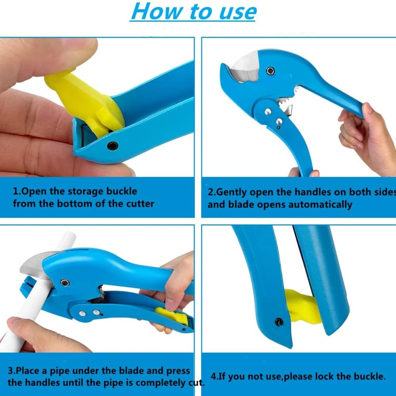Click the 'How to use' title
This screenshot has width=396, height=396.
click(193, 12)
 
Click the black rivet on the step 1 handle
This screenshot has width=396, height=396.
click(112, 145)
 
